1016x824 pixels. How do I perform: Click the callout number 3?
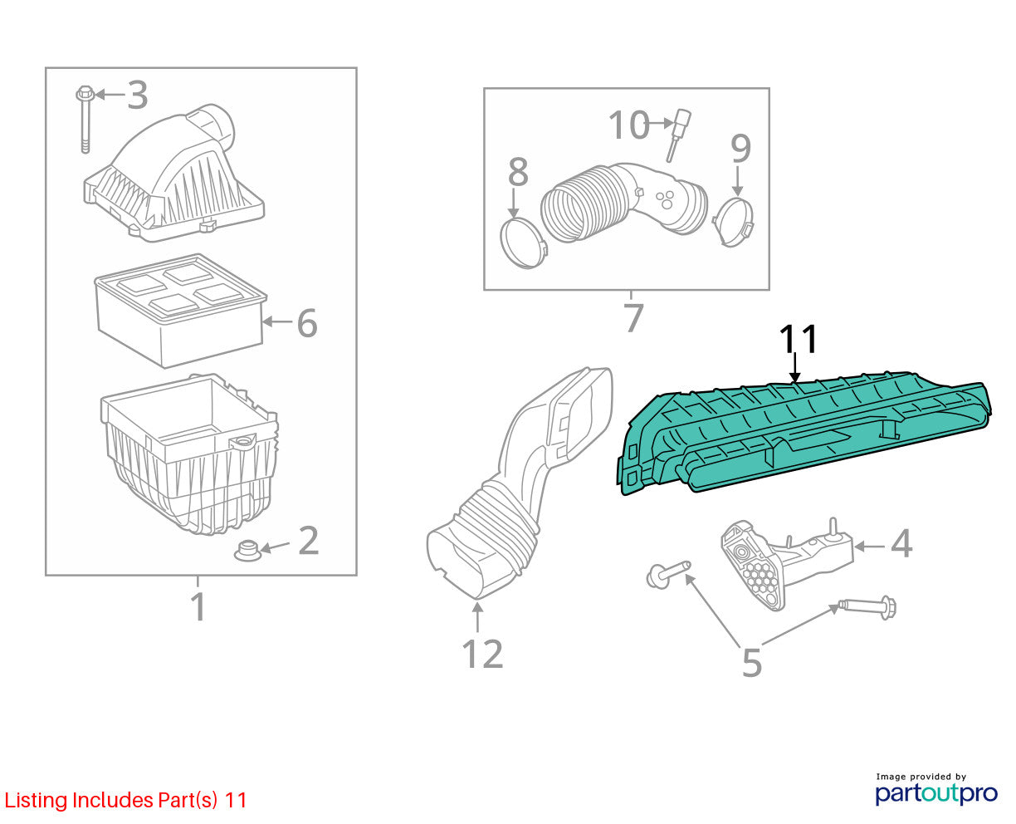click(137, 96)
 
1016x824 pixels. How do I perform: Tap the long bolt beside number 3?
click(85, 120)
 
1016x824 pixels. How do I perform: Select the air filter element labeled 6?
click(180, 311)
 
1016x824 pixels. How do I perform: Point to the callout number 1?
click(198, 606)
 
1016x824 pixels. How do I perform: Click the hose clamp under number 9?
click(734, 221)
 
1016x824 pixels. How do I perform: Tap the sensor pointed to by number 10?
click(679, 135)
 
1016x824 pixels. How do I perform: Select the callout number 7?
click(634, 317)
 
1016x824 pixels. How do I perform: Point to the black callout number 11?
click(799, 340)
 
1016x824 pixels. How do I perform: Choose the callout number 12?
click(482, 654)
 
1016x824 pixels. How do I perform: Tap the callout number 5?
click(752, 662)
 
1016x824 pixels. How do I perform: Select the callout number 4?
click(901, 543)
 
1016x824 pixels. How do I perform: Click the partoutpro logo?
click(935, 793)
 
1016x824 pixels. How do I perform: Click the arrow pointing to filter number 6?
click(277, 321)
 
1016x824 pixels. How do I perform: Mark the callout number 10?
click(628, 125)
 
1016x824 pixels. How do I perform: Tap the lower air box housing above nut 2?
click(189, 454)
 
